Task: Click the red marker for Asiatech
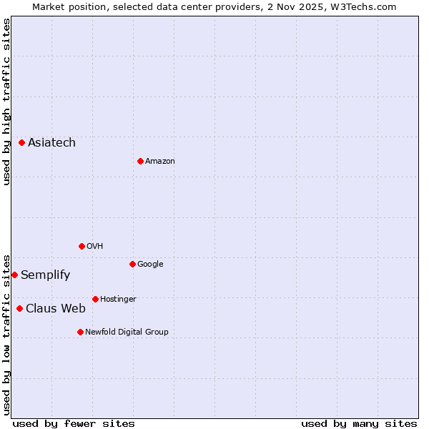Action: click(21, 143)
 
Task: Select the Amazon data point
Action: click(140, 161)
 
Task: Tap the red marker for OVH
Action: click(82, 246)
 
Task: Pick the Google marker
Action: click(132, 264)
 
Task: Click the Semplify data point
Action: click(14, 275)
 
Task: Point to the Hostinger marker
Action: click(95, 299)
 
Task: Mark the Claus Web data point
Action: click(19, 308)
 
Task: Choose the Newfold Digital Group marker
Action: click(80, 332)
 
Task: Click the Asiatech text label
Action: click(51, 143)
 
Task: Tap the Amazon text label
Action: click(160, 162)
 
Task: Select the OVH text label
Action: click(95, 247)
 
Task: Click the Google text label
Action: click(150, 265)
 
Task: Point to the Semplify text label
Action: click(45, 275)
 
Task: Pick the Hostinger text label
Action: click(118, 300)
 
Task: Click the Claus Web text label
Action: click(56, 309)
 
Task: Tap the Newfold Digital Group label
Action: click(127, 332)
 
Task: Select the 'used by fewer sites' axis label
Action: click(74, 424)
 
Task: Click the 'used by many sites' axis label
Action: click(359, 424)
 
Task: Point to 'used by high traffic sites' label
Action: click(6, 102)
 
